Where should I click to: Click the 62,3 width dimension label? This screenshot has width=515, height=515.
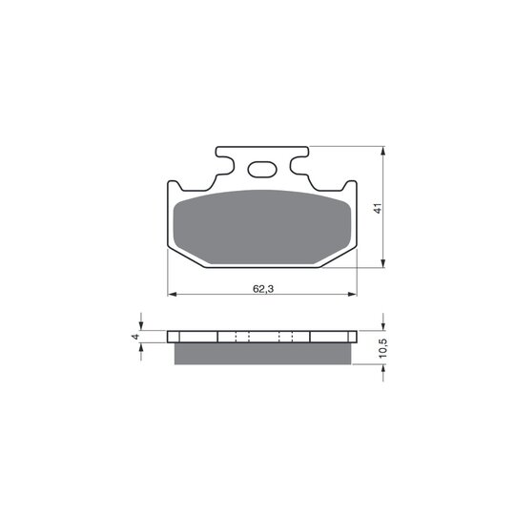[x=263, y=289]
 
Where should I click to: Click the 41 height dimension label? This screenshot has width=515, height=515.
[x=379, y=208]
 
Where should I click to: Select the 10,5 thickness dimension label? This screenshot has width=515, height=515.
[x=383, y=348]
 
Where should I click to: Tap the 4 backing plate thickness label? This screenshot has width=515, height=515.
[x=135, y=337]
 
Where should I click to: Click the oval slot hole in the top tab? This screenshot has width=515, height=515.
[x=262, y=170]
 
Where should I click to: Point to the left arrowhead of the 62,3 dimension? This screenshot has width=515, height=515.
[x=172, y=295]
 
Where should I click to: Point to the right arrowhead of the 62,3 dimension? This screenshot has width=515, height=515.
[x=352, y=295]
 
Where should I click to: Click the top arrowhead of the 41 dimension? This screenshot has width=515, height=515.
[x=382, y=151]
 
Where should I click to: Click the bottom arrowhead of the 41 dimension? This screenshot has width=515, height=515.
[x=382, y=263]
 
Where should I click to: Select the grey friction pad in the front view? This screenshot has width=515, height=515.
[x=262, y=227]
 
